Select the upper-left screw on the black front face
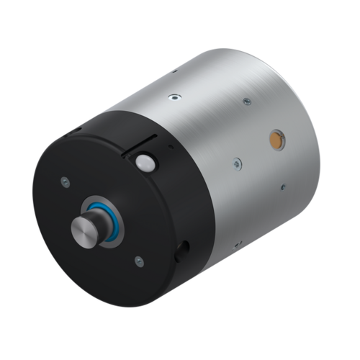click(x=66, y=181)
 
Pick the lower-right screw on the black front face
click(x=139, y=261)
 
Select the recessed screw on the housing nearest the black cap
click(x=173, y=97)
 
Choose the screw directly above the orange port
click(x=247, y=102)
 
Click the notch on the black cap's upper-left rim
click(x=76, y=131)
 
